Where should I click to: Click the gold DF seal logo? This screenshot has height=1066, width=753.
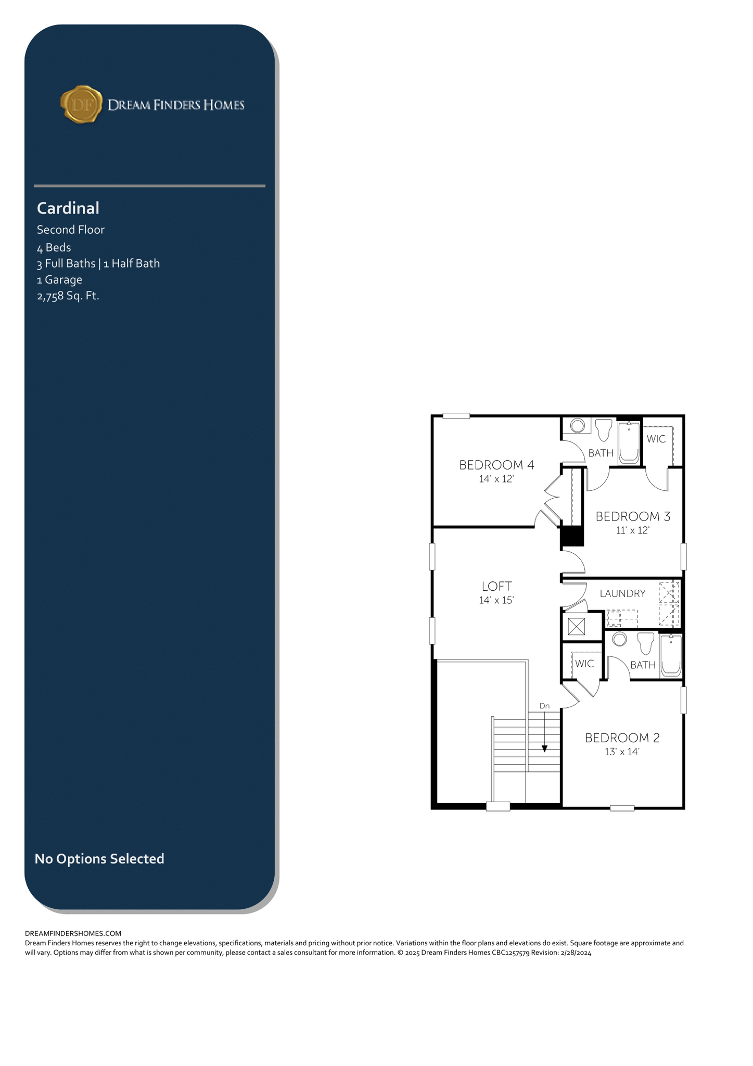(x=81, y=105)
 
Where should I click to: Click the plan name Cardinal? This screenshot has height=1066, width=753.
(x=68, y=208)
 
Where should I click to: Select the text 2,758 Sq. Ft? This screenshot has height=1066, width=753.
(x=68, y=296)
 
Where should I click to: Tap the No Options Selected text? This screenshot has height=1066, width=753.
(x=99, y=858)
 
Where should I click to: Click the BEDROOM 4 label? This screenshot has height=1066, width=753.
(x=497, y=465)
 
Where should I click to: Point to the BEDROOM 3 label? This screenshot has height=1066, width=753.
(x=633, y=516)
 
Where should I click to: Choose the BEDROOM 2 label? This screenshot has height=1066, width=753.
(x=622, y=738)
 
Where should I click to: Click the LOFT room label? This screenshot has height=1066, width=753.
(x=497, y=587)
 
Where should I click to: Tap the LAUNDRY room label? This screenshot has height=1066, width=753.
(x=622, y=593)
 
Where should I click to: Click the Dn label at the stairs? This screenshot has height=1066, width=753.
(x=544, y=706)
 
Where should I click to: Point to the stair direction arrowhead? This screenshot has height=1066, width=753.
(x=544, y=749)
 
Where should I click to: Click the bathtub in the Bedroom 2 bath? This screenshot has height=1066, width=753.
(x=671, y=655)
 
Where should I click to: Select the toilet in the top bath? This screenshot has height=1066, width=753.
(x=604, y=430)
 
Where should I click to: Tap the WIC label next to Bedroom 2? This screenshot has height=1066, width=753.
(x=584, y=664)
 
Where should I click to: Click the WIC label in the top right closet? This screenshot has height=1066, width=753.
(x=656, y=439)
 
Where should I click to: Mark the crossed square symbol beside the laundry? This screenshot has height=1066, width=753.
(x=577, y=626)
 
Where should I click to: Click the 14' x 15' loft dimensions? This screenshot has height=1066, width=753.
(x=496, y=601)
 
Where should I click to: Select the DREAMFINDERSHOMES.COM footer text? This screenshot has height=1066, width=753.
(x=73, y=934)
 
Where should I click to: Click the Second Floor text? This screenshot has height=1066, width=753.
(x=71, y=230)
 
